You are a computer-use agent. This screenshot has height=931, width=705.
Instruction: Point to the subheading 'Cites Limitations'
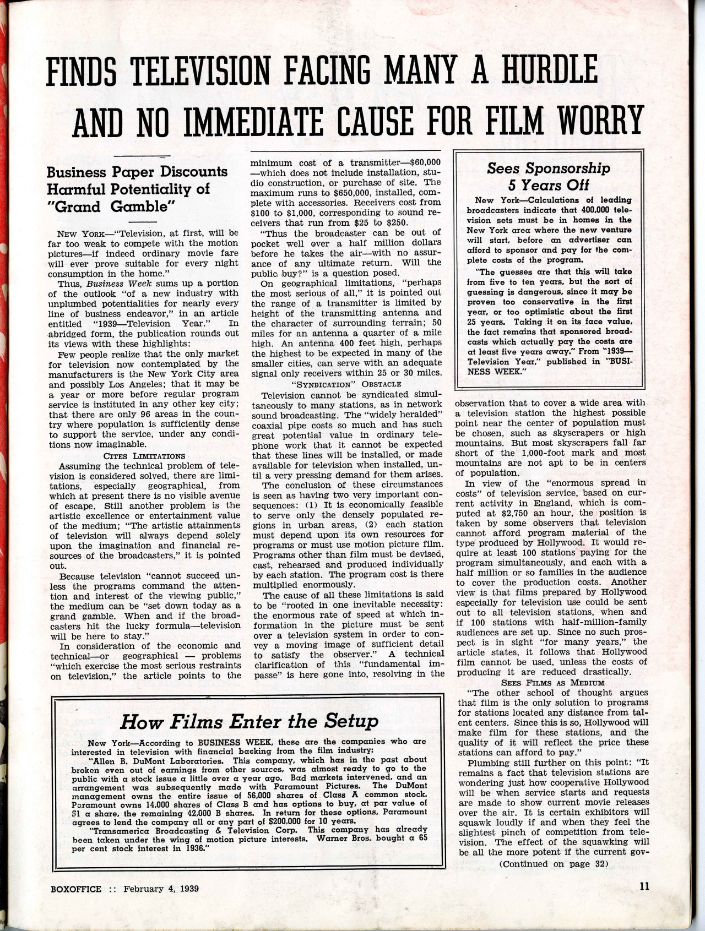click(144, 455)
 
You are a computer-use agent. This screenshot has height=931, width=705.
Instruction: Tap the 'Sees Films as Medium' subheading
click(552, 682)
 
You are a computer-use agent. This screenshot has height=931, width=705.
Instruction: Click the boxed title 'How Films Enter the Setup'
click(250, 721)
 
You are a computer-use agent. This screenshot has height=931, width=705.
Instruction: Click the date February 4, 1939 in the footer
click(161, 888)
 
